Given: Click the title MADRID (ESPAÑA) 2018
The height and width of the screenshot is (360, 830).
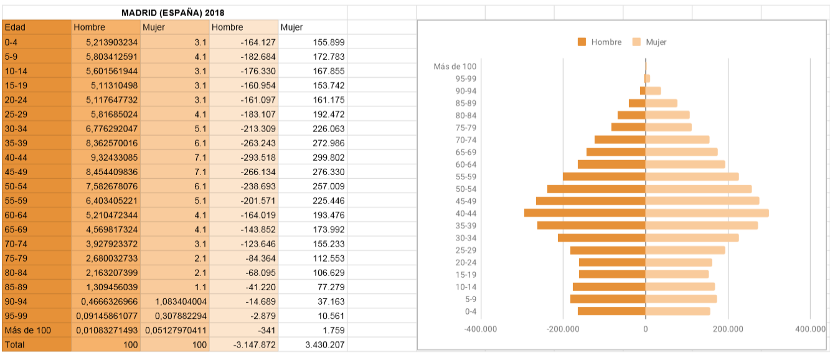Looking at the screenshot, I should (173, 12).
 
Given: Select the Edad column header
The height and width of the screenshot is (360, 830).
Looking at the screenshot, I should (15, 27).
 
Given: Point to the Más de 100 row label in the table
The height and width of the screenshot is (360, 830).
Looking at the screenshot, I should (27, 330).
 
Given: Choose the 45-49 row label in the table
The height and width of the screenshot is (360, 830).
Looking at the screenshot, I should (16, 171).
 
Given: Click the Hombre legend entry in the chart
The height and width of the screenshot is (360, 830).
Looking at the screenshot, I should (600, 42).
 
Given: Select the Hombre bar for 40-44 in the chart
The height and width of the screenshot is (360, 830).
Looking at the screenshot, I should (585, 213).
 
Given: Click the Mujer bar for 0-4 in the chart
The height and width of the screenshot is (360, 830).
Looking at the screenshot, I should (677, 311).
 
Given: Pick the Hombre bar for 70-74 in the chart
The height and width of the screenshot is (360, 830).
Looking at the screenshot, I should (620, 140).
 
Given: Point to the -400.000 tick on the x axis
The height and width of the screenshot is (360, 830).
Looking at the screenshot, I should (481, 328).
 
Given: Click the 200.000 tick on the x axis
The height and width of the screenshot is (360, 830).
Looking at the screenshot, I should (728, 328).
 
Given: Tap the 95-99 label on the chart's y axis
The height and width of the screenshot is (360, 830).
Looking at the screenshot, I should (466, 78).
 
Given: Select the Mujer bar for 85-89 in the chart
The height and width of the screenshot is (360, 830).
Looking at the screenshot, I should (661, 103).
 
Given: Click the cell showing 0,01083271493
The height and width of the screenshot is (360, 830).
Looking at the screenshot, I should (106, 330).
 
